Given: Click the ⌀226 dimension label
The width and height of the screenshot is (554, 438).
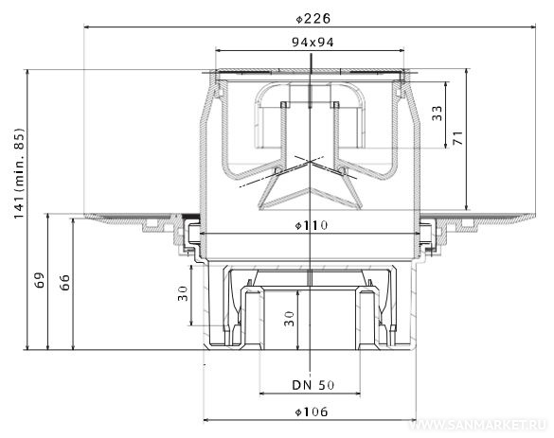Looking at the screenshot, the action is [x=313, y=18].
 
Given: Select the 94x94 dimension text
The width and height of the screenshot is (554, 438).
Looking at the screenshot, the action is [x=313, y=43].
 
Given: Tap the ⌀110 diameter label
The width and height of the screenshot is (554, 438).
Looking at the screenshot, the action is [x=312, y=225].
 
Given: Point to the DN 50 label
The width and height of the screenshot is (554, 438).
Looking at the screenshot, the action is [x=313, y=385].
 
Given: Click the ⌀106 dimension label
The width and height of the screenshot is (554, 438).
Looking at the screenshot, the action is [x=312, y=412].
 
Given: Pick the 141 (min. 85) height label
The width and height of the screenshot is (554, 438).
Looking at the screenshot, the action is [x=19, y=173].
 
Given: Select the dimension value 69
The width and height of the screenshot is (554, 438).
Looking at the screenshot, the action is [x=40, y=280].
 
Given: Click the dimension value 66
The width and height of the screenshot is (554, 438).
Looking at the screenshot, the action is [x=64, y=282].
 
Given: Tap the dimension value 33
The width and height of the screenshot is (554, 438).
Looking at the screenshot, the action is [x=438, y=113].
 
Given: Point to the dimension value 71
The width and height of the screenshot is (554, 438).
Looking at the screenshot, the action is [x=458, y=138].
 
